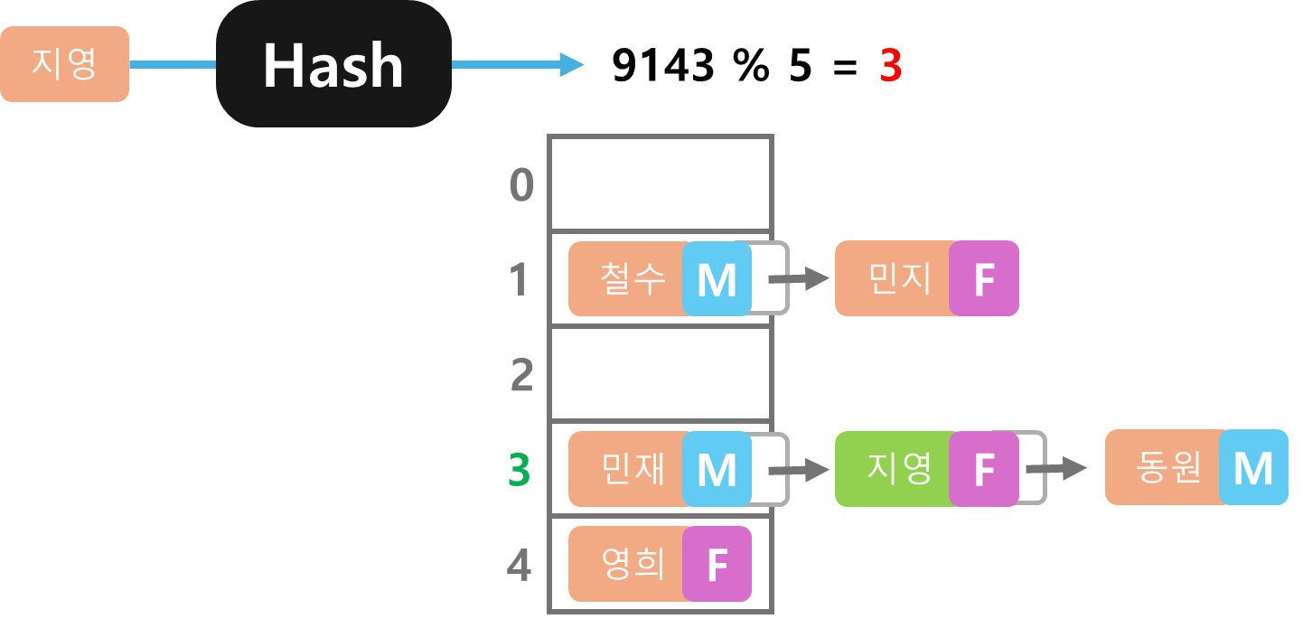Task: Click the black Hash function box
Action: pyautogui.click(x=333, y=64)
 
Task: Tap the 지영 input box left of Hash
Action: pyautogui.click(x=64, y=64)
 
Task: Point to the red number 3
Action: pyautogui.click(x=891, y=66)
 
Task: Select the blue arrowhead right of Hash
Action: pyautogui.click(x=571, y=64)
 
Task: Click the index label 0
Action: pyautogui.click(x=521, y=185)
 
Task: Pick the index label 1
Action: pyautogui.click(x=519, y=279)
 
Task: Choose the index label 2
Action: pyautogui.click(x=521, y=375)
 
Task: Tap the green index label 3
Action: pyautogui.click(x=519, y=471)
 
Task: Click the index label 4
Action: pyautogui.click(x=519, y=567)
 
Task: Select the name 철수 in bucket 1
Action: pyautogui.click(x=632, y=278)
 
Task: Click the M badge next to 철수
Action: pyautogui.click(x=717, y=279)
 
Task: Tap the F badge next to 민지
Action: pyautogui.click(x=983, y=279)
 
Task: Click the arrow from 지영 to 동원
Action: pyautogui.click(x=1056, y=468)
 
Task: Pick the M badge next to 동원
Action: pyautogui.click(x=1252, y=468)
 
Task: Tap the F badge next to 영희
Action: pyautogui.click(x=717, y=565)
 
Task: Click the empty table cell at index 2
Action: pyautogui.click(x=661, y=373)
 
